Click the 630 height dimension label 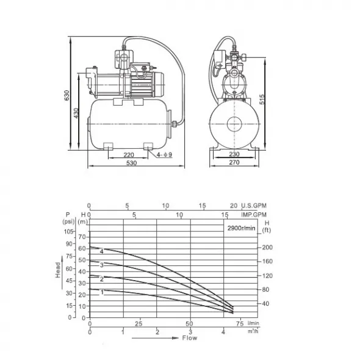tap(67, 95)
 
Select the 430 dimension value tap(76, 113)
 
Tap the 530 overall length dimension tap(132, 163)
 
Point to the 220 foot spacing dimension tap(129, 155)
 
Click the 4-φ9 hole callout tap(164, 155)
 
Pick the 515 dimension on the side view tap(262, 99)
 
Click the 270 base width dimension tap(234, 162)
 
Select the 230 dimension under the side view tap(234, 154)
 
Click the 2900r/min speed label tap(241, 228)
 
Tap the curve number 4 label tap(101, 251)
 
